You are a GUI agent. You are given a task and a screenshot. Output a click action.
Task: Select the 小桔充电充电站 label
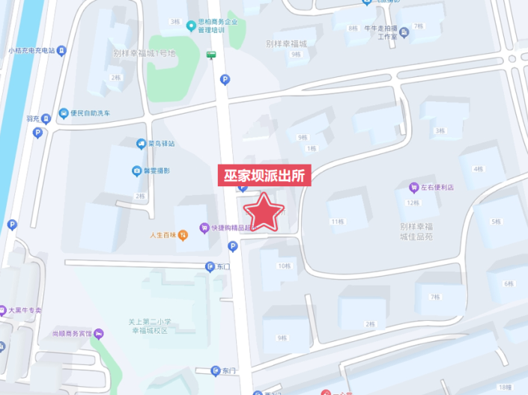pyautogui.click(x=31, y=50)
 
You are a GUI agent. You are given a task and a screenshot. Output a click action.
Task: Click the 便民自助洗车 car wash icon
pyautogui.click(x=64, y=114)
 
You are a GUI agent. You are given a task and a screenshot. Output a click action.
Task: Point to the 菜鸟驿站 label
pyautogui.click(x=160, y=143)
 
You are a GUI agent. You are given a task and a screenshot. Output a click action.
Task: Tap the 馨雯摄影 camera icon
pyautogui.click(x=137, y=171)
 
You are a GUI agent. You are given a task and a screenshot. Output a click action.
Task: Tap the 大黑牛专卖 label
pyautogui.click(x=25, y=310)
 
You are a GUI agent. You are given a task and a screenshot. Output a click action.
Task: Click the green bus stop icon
pyautogui.click(x=212, y=54)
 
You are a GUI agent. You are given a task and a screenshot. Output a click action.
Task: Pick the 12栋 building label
pyautogui.click(x=412, y=203)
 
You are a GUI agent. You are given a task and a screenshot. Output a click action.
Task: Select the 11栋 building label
pyautogui.click(x=337, y=221)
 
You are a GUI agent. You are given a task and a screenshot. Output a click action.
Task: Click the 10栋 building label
pyautogui.click(x=283, y=266)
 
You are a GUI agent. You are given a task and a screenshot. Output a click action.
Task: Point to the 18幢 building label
pyautogui.click(x=504, y=387)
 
